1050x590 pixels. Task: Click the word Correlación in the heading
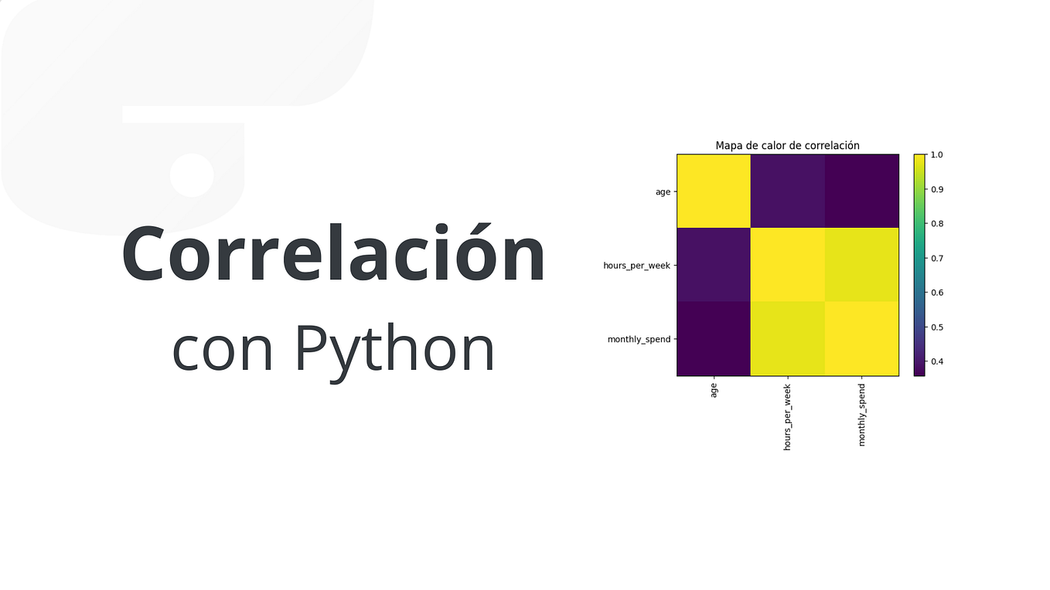(333, 254)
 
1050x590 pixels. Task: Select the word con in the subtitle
(223, 349)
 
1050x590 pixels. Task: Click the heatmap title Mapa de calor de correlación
(787, 145)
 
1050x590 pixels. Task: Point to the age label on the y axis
(663, 192)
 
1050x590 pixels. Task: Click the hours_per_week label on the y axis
(636, 266)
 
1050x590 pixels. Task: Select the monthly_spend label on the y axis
(639, 339)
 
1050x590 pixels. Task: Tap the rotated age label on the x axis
(714, 392)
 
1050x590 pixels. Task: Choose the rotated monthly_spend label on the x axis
(862, 415)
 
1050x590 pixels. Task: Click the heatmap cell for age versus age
(714, 192)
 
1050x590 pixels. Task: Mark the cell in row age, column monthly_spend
(862, 192)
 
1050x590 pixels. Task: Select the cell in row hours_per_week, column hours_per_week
(788, 265)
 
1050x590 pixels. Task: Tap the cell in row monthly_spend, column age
(714, 339)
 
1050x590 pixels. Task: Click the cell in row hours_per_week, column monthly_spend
(862, 265)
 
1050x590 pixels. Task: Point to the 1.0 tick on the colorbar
(937, 155)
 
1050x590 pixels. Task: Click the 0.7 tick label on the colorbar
(937, 258)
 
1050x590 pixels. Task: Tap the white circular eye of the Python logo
(192, 175)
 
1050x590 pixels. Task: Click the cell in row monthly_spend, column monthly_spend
(862, 339)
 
